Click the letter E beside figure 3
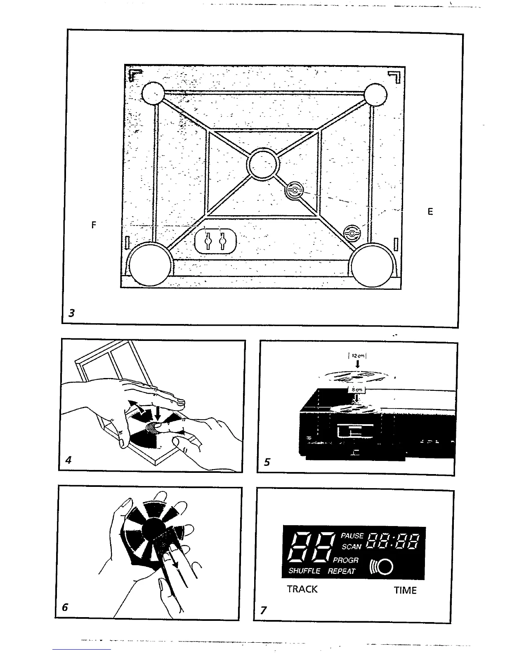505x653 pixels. [x=430, y=212]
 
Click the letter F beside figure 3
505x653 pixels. [x=94, y=225]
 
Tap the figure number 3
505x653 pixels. [x=72, y=313]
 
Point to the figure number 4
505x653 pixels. [x=68, y=460]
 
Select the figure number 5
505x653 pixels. [x=267, y=462]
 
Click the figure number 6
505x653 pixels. [x=65, y=607]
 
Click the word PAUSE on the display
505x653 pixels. [x=352, y=536]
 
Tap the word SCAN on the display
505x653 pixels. [x=352, y=547]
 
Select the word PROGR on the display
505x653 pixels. [x=346, y=561]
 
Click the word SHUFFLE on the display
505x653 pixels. [x=304, y=571]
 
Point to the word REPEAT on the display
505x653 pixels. [x=342, y=571]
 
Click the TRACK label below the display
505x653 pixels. [x=302, y=589]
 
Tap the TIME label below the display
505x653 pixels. [x=405, y=590]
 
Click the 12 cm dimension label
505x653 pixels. [x=358, y=355]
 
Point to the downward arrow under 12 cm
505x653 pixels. [x=358, y=364]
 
